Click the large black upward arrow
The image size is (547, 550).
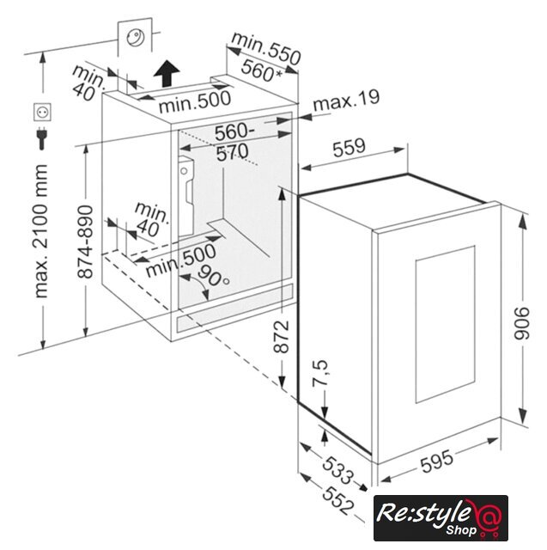pyautogui.click(x=167, y=73)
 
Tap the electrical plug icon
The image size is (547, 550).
pyautogui.click(x=42, y=138)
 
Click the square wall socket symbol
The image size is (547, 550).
pyautogui.click(x=42, y=112)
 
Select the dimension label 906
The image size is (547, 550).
pyautogui.click(x=522, y=323)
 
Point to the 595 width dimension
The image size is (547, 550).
pyautogui.click(x=436, y=461)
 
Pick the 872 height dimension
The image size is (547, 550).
pyautogui.click(x=281, y=336)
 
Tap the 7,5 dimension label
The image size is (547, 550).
pyautogui.click(x=320, y=372)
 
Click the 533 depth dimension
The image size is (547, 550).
pyautogui.click(x=337, y=470)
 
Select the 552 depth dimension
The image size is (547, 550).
pyautogui.click(x=338, y=501)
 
